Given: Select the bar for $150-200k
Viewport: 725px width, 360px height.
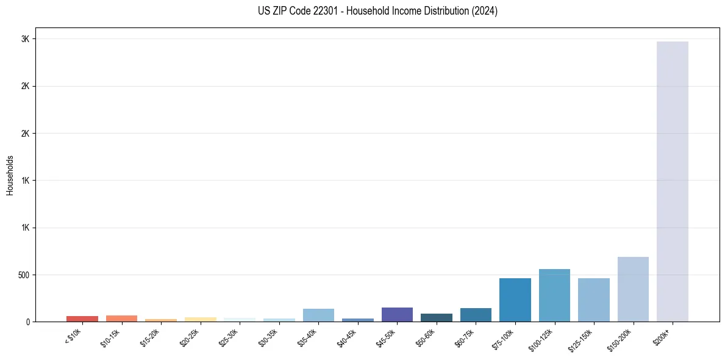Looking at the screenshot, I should [633, 289].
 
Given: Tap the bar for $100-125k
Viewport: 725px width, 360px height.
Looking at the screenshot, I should [554, 295].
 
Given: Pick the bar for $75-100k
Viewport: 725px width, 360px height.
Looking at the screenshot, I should [515, 300].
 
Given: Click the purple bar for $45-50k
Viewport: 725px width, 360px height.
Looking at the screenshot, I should [397, 314].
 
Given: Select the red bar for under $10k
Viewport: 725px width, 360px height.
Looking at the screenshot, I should [82, 319].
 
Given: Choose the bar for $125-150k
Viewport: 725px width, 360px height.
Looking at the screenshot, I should [593, 300].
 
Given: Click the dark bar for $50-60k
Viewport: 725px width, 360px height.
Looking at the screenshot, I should [437, 317].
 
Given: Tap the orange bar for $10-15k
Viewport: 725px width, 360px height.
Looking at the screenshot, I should [121, 319].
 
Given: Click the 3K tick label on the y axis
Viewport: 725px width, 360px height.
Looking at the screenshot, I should [24, 39].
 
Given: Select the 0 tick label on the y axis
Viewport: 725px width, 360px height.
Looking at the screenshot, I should [27, 322].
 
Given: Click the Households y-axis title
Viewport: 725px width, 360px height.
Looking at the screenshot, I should [10, 175].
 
